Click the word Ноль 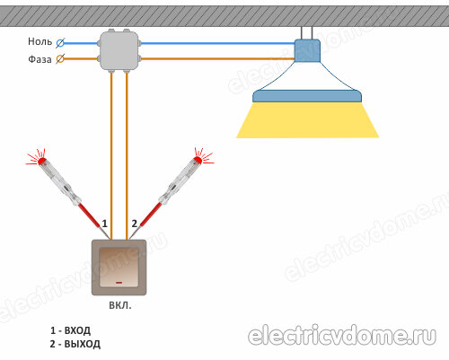tap(40, 41)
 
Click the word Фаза tap(40, 59)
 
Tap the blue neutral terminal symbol tap(60, 43)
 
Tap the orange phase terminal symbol tap(60, 59)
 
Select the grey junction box tap(119, 51)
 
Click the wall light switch tap(119, 268)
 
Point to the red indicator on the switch tap(119, 282)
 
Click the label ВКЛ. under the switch tap(119, 305)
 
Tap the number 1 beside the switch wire tap(104, 224)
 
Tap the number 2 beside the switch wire tap(135, 224)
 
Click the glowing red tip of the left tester tap(41, 162)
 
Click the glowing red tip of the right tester tap(198, 160)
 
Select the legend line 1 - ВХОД tap(70, 330)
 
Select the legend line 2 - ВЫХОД tap(75, 344)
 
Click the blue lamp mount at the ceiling tap(307, 50)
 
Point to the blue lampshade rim tap(307, 96)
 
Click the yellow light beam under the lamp tap(307, 120)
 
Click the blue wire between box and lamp tap(218, 43)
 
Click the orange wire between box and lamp tap(218, 59)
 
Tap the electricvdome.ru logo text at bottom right tap(342, 336)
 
